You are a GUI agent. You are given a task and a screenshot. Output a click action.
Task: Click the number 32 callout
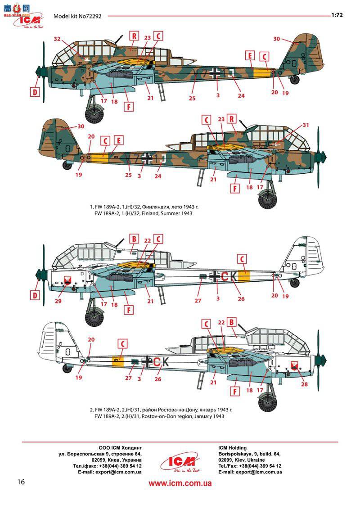tap(57, 39)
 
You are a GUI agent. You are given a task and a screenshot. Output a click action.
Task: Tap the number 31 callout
tap(306, 125)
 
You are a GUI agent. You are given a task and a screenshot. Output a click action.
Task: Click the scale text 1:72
tap(337, 15)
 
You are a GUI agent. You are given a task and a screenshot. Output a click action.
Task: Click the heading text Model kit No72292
tap(78, 16)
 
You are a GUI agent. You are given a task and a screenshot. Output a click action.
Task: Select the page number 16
tap(21, 482)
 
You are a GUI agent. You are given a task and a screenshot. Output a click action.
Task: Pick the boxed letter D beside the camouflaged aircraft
tap(35, 92)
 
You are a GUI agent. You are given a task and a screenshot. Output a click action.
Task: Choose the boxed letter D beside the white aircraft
tap(35, 295)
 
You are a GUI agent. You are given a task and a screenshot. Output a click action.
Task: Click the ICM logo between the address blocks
tap(180, 461)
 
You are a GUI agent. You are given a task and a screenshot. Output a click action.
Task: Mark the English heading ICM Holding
tap(232, 448)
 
